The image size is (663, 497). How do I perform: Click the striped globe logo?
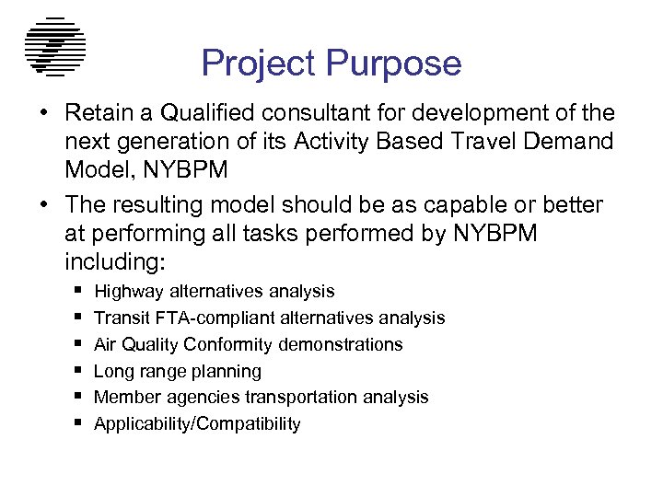point(54,46)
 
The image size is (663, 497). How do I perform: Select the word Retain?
point(97,113)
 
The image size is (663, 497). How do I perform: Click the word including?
point(114,261)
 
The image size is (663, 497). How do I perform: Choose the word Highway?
point(129,292)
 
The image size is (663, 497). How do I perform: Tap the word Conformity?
point(228,345)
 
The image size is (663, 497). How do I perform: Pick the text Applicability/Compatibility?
point(197,424)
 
